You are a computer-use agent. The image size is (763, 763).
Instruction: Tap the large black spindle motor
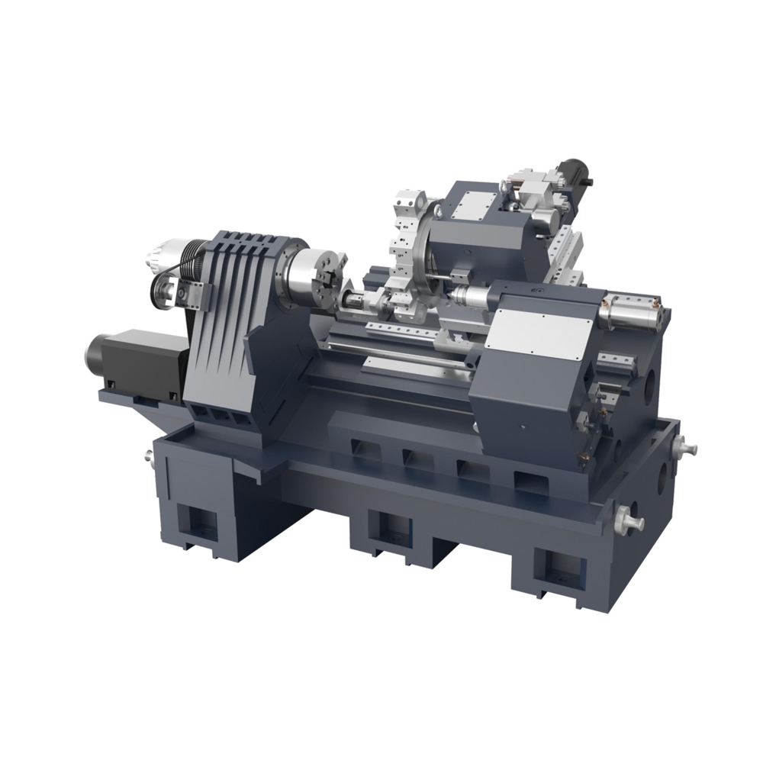[130, 359]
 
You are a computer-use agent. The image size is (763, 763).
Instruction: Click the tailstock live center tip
[452, 292]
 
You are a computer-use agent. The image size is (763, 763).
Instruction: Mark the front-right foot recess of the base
[561, 568]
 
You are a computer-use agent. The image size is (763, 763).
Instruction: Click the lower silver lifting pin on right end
[630, 522]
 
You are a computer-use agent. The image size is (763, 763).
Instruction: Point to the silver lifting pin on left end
[149, 456]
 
